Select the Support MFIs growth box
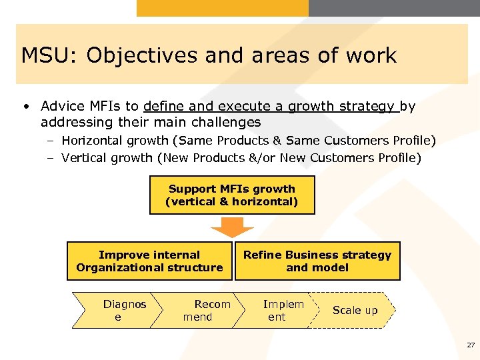(232, 195)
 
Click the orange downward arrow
(232, 228)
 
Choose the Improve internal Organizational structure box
(149, 261)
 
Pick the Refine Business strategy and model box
(317, 261)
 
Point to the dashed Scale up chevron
(355, 310)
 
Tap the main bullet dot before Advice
(25, 107)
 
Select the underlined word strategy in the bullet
(368, 106)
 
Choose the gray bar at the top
(394, 8)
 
